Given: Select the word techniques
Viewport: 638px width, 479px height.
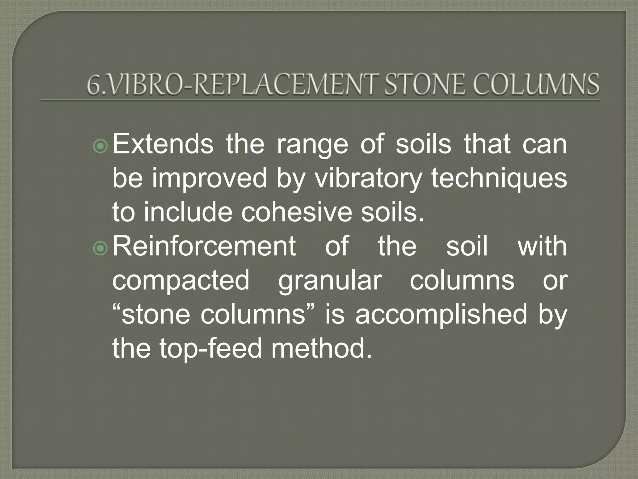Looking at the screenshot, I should (499, 178).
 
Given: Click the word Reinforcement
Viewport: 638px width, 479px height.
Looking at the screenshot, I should (204, 246).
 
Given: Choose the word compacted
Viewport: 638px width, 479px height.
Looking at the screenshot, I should (181, 280).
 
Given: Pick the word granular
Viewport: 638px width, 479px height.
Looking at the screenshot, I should (330, 280).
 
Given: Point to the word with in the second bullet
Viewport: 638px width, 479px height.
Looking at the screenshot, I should (542, 246).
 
